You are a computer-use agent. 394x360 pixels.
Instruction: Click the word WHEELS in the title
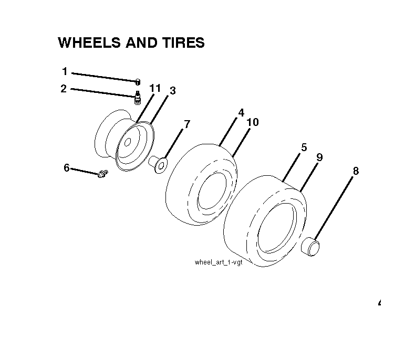[89, 43]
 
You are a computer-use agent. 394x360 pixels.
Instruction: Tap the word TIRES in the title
[183, 43]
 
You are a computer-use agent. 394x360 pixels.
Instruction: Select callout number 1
[65, 71]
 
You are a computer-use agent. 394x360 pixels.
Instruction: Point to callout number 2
[64, 89]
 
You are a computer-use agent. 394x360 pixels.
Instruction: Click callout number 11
[155, 88]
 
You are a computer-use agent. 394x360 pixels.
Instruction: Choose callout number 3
[173, 91]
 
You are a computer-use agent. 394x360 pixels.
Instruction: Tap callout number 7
[187, 124]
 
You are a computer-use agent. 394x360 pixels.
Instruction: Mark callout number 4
[241, 113]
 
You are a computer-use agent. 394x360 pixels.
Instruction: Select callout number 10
[253, 122]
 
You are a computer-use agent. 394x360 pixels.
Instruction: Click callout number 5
[304, 147]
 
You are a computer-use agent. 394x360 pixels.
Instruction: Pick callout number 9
[319, 157]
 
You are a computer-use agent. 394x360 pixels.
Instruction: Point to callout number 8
[356, 171]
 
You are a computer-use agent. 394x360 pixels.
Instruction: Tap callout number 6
[67, 167]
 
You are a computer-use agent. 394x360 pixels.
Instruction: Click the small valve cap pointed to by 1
[138, 82]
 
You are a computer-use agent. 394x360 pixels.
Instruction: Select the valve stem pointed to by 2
[138, 98]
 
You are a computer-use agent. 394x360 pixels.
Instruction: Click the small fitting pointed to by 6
[102, 173]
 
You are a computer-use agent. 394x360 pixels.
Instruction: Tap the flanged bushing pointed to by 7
[158, 164]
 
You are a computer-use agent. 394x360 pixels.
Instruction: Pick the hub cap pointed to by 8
[310, 247]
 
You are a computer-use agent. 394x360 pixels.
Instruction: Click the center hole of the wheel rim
[128, 142]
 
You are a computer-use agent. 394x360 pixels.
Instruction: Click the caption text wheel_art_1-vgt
[219, 262]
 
